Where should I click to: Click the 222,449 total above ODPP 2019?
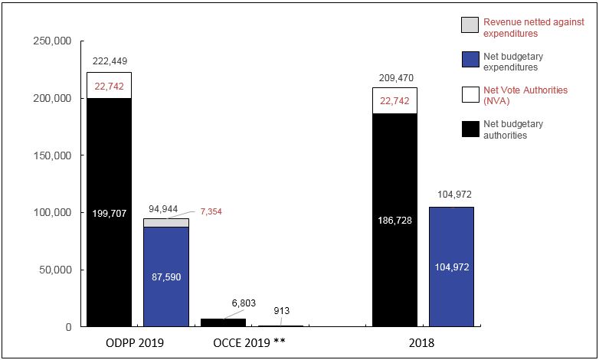(x=109, y=61)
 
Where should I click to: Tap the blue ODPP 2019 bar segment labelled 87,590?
(x=166, y=276)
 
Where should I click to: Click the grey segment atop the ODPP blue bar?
(x=166, y=223)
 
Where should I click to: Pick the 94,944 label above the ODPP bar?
(x=164, y=208)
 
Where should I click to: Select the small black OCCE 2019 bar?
(x=223, y=322)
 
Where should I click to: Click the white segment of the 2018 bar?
(x=394, y=100)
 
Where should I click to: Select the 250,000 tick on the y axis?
(x=52, y=41)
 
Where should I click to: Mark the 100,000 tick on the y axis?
(x=52, y=213)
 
